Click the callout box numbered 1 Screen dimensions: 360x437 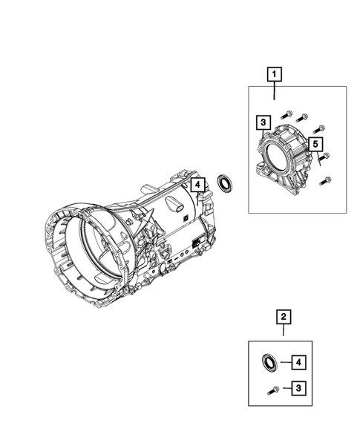pos(275,74)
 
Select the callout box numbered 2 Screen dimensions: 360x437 pos(284,317)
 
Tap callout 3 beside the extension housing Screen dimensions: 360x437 pos(264,122)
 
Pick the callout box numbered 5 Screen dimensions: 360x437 pos(315,145)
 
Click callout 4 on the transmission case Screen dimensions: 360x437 pos(197,185)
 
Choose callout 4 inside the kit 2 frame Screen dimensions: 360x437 pos(298,362)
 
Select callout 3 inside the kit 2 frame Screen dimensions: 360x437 pos(298,388)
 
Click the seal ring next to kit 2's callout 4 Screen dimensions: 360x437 pos(269,363)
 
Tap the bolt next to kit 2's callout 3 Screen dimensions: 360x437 pos(273,390)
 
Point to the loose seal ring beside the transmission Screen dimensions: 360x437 pos(225,183)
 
